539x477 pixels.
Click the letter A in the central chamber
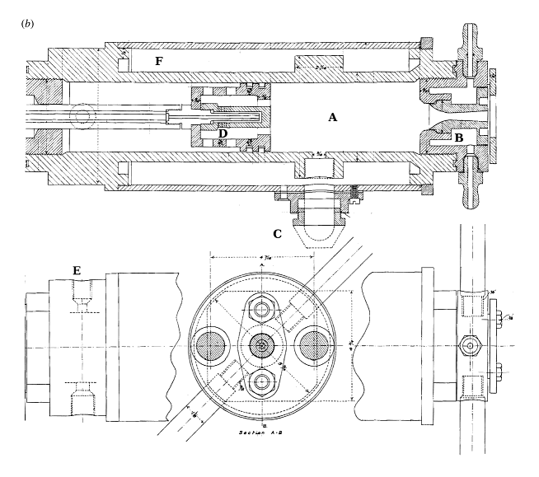333,118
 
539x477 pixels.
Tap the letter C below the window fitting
278,234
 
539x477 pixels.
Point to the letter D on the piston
221,133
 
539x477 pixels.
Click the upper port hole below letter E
83,293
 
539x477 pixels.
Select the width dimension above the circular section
263,260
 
